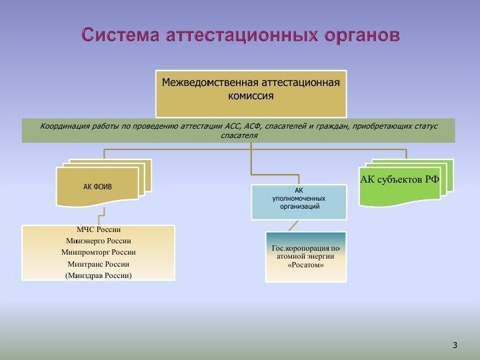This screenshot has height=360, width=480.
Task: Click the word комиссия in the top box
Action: click(x=251, y=96)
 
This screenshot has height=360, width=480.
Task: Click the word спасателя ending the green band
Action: click(x=239, y=135)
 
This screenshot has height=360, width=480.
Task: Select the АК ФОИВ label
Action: click(x=97, y=187)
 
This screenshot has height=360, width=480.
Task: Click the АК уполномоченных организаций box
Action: click(x=299, y=202)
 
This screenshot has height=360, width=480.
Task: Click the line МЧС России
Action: click(x=98, y=230)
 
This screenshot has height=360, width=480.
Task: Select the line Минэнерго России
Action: click(x=98, y=241)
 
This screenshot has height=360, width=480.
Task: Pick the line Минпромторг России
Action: click(x=98, y=252)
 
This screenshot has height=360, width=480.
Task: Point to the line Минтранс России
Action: click(x=98, y=263)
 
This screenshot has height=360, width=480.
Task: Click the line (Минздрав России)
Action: click(x=98, y=275)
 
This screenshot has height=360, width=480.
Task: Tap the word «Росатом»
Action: click(x=306, y=265)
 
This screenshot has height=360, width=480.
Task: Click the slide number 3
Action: click(x=455, y=345)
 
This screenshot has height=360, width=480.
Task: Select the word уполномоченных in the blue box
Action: click(x=299, y=198)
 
